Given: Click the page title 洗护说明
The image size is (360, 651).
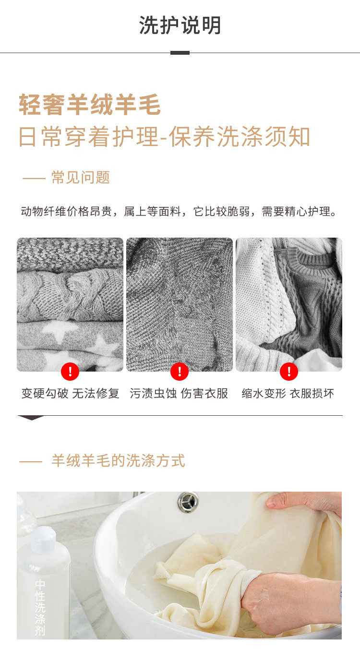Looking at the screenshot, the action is coord(180,25).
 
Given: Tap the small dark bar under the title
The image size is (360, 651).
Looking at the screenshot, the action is coord(180,53).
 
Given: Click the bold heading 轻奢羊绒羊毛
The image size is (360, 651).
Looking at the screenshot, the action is coord(90,105).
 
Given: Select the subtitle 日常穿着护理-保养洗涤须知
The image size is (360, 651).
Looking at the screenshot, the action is coord(165,136).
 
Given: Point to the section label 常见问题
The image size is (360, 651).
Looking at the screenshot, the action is coord(81,177).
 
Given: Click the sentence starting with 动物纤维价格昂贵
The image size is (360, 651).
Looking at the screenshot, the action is coord(179,211).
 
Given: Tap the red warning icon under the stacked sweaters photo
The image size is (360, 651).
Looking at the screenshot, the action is coord(70,372).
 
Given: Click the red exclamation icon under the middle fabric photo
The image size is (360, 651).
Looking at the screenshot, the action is coord(180,372).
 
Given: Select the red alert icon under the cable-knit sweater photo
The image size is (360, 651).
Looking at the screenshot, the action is coord(289,372).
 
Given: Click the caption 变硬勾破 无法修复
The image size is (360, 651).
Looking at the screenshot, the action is coord(70,394).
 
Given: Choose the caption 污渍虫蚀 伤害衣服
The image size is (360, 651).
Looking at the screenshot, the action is coord(179,394).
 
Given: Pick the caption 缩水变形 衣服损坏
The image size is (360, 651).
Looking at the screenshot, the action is coord(288,394).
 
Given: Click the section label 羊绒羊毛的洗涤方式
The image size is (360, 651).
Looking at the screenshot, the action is coord(118,460).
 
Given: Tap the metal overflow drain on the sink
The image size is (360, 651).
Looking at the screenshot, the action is coord(188,502).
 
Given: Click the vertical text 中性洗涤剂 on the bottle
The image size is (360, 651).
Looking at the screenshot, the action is coord(40,607).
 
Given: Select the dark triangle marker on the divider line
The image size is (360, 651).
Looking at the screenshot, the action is coord(31,418).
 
